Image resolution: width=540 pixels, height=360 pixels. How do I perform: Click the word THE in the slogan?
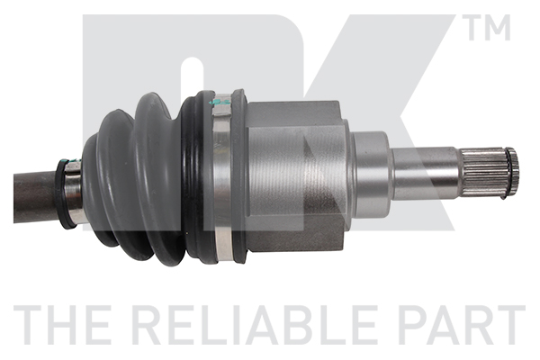(x=63, y=325)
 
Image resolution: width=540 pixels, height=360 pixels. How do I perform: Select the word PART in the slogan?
(x=463, y=325)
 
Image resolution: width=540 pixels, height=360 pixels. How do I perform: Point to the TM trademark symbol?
(x=489, y=27)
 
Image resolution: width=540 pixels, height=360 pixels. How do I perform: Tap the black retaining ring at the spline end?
(x=512, y=173)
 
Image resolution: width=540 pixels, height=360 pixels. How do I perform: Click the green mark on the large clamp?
(x=220, y=103)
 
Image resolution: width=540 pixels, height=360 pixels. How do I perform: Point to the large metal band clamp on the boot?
(x=221, y=177)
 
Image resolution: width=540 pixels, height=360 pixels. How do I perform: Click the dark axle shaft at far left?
(x=35, y=197)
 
